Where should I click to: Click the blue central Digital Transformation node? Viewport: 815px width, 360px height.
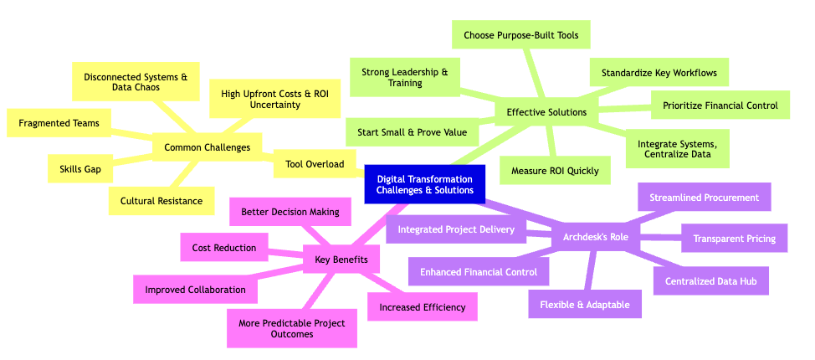(x=425, y=184)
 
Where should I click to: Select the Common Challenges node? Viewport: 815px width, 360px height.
(x=208, y=147)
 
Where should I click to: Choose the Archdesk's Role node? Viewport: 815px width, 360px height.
(x=596, y=237)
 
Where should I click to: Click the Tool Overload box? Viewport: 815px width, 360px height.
(x=315, y=164)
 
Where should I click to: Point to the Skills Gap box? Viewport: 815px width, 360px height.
(x=80, y=169)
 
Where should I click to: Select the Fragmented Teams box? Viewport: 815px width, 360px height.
(x=59, y=123)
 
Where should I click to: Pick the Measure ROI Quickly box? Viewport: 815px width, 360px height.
(x=555, y=171)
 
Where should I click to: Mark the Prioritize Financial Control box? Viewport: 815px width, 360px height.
(x=720, y=105)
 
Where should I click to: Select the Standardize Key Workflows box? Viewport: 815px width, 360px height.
(x=659, y=73)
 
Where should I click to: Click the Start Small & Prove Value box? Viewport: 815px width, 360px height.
(x=411, y=131)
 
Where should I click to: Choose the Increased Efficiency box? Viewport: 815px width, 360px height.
(x=422, y=306)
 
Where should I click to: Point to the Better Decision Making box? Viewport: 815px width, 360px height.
(x=290, y=212)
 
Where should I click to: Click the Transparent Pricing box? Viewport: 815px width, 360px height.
(x=734, y=239)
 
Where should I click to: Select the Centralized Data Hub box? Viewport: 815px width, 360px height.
(x=710, y=281)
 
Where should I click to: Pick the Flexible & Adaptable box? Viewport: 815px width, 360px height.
(x=584, y=304)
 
